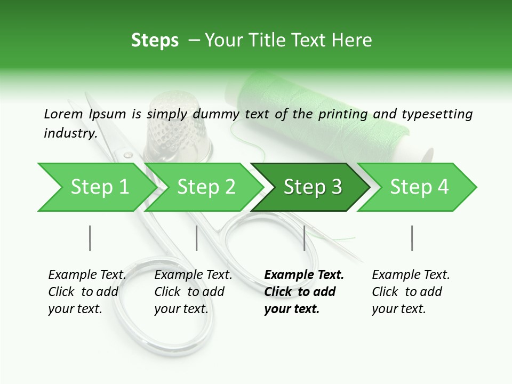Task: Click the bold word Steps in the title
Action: point(155,41)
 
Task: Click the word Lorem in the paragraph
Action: point(63,114)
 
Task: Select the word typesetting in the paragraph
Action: point(437,114)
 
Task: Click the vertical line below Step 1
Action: point(90,238)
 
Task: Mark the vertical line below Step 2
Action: point(197,238)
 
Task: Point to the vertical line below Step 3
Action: point(304,238)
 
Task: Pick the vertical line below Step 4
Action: point(412,238)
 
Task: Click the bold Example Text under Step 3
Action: point(304,275)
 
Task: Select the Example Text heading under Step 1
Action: point(87,275)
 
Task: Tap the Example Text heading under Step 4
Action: point(411,275)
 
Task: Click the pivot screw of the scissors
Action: point(128,155)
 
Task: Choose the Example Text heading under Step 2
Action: point(193,275)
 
